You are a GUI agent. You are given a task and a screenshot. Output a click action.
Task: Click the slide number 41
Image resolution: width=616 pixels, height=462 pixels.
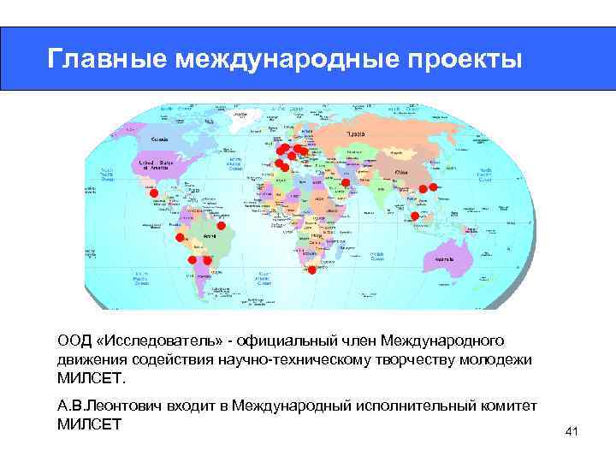coord(572,432)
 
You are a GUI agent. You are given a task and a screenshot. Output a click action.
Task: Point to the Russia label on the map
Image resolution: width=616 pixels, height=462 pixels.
coord(356,134)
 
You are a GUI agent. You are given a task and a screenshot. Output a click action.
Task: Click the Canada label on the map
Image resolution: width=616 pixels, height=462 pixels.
coord(159,138)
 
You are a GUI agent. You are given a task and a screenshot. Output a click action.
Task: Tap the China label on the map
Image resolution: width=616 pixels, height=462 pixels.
coord(401,170)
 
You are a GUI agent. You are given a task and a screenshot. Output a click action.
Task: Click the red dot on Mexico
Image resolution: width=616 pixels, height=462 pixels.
coord(154,194)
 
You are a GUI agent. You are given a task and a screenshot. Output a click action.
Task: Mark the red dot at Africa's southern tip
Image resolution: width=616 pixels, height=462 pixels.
coord(312,269)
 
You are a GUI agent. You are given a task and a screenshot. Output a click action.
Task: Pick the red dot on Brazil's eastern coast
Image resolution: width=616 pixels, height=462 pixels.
coord(221,227)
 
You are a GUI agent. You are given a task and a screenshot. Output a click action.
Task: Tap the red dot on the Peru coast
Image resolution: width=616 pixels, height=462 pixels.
coord(181,236)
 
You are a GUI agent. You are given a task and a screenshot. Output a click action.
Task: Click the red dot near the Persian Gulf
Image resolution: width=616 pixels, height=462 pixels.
coord(346,183)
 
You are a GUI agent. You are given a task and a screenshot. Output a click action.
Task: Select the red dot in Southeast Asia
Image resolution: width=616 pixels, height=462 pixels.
coord(415,216)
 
